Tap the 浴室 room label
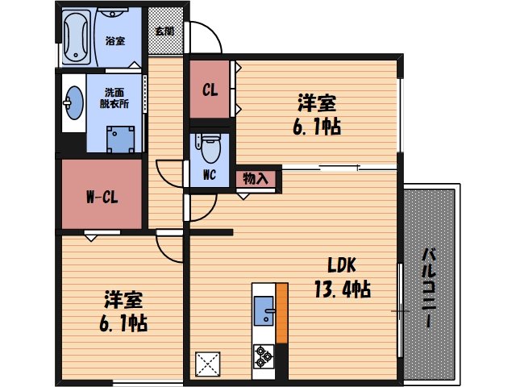pyautogui.click(x=114, y=41)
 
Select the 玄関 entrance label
pyautogui.click(x=164, y=31)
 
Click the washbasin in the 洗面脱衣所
pyautogui.click(x=73, y=102)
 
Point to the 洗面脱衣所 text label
pyautogui.click(x=114, y=98)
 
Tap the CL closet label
pyautogui.click(x=209, y=90)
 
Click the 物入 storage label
pyautogui.click(x=256, y=177)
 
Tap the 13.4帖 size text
pyautogui.click(x=342, y=289)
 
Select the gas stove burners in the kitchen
pyautogui.click(x=264, y=354)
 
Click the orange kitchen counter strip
pyautogui.click(x=281, y=313)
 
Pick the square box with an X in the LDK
pyautogui.click(x=208, y=364)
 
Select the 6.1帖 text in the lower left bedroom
pyautogui.click(x=123, y=324)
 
